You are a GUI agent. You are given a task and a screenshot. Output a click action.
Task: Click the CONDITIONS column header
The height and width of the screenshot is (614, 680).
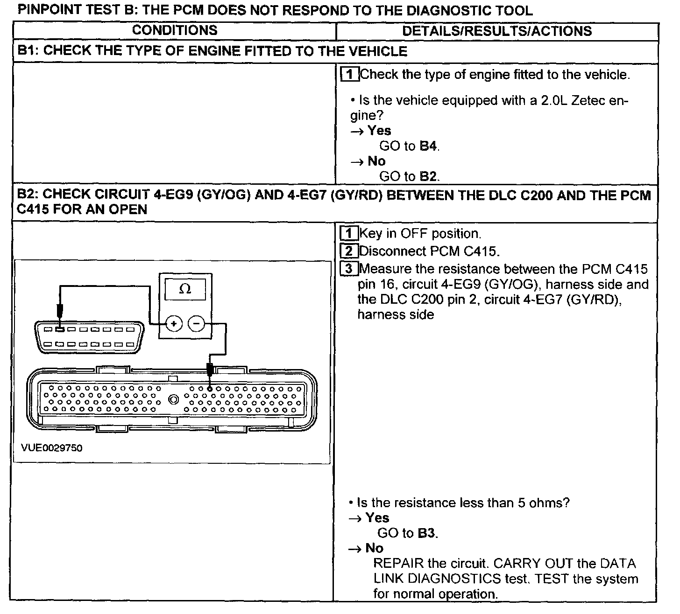click(x=175, y=31)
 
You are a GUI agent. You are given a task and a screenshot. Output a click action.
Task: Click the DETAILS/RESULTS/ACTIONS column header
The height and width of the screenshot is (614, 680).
click(x=497, y=31)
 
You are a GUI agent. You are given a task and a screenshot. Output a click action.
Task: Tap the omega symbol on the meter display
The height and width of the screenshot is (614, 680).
click(x=185, y=289)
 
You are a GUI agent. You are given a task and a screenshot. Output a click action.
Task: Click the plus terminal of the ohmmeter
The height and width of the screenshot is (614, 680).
click(x=174, y=323)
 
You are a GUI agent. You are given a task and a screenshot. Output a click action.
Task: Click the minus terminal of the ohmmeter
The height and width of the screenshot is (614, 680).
click(x=196, y=323)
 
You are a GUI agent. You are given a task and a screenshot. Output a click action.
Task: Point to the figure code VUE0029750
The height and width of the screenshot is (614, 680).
click(x=52, y=448)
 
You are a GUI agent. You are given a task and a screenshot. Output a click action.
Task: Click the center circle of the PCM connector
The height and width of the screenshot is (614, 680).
click(x=174, y=399)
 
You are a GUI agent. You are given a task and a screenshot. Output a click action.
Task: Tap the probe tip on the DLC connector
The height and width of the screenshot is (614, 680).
click(x=59, y=328)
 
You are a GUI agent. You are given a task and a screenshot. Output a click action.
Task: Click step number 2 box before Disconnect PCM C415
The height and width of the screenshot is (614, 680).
click(x=349, y=251)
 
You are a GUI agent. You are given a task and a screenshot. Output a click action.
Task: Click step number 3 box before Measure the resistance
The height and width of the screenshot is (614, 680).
click(x=349, y=269)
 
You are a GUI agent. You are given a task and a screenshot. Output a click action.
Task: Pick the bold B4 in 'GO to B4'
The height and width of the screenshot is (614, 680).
click(x=428, y=146)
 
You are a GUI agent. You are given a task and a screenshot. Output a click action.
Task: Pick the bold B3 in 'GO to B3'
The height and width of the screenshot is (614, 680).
click(x=427, y=533)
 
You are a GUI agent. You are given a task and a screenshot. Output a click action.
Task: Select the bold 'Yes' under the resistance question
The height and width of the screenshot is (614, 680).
click(x=377, y=518)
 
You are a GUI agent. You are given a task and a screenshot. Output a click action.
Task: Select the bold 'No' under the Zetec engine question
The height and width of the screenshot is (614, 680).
click(x=376, y=161)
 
